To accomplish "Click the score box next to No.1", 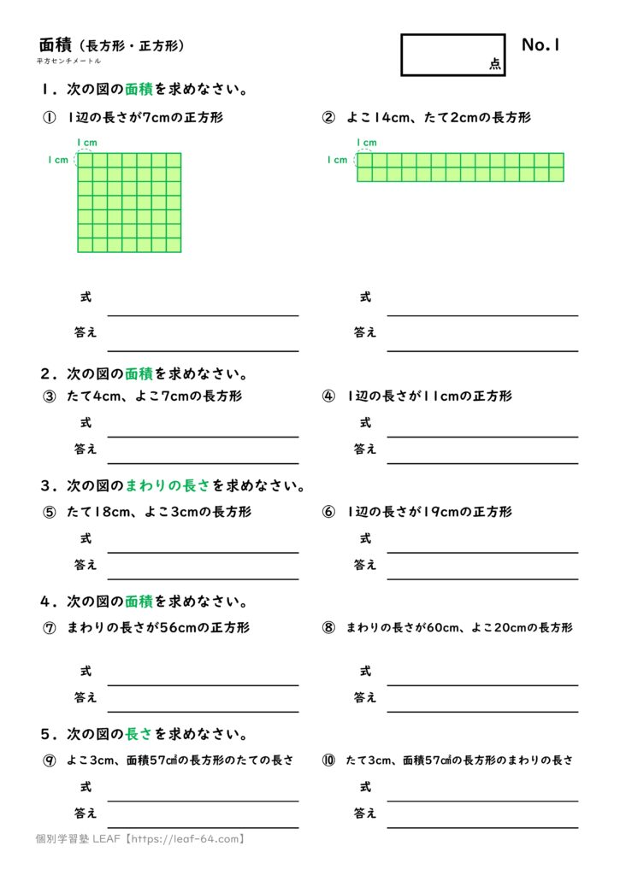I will tap(452, 54).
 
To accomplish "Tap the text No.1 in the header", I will tap(540, 45).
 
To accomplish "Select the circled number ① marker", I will tap(50, 118).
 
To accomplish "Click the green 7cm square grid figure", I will tap(129, 203).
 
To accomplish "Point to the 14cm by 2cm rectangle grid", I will tap(460, 167).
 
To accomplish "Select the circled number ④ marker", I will tap(328, 396).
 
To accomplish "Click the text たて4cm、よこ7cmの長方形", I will tap(154, 396).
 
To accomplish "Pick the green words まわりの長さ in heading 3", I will tap(168, 486).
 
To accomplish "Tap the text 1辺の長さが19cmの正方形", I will tap(429, 512).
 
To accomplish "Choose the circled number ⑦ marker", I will tap(50, 628).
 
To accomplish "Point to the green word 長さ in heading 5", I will tap(139, 734).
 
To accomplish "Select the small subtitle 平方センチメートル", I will tap(68, 62).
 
